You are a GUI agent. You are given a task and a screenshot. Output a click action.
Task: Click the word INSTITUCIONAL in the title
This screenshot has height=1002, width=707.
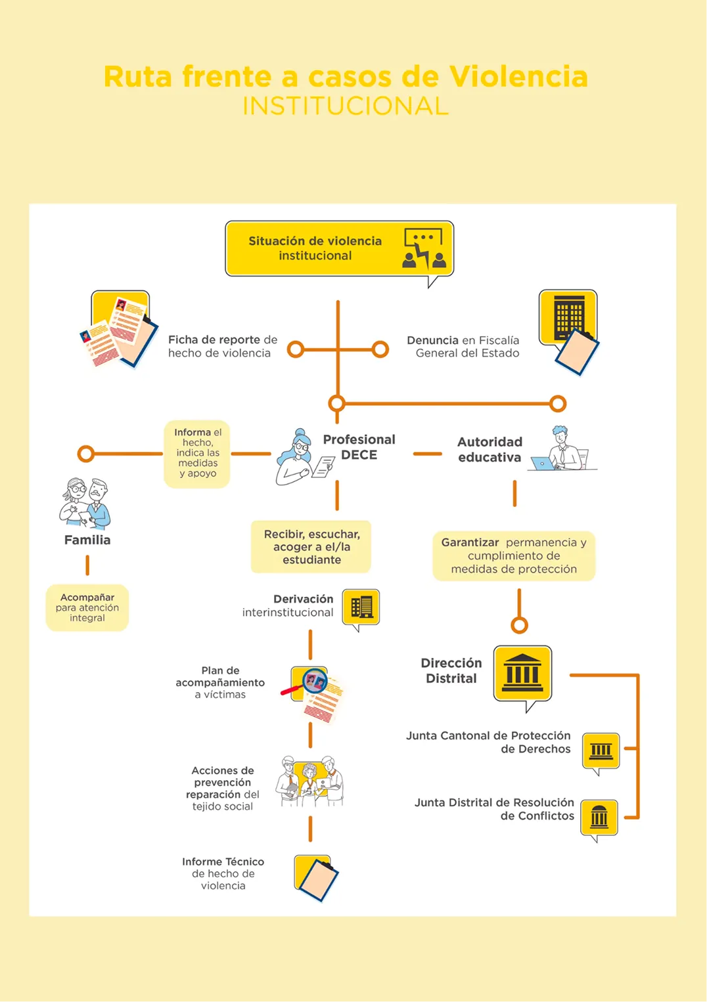tap(345, 106)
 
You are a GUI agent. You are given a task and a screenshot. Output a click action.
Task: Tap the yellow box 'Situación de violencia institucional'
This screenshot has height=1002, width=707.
tap(340, 248)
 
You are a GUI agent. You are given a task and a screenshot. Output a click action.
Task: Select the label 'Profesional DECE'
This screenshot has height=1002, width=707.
tap(359, 447)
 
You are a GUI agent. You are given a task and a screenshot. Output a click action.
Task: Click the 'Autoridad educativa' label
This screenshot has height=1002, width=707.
tap(490, 449)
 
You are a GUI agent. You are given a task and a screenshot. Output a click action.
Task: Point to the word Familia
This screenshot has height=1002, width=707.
tap(87, 540)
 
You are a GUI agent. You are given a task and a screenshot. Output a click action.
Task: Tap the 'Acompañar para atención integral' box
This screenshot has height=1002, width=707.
tap(87, 607)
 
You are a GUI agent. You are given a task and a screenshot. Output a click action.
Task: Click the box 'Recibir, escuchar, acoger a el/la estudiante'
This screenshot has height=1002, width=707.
tap(311, 546)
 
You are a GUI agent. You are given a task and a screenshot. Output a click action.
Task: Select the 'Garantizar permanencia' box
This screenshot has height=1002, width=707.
tap(514, 555)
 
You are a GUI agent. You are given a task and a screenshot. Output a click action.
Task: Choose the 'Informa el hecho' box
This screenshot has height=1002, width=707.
tap(197, 453)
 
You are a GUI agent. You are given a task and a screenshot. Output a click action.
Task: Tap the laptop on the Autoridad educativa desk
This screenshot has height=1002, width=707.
tap(543, 464)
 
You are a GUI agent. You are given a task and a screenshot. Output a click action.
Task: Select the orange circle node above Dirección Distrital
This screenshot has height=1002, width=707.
tap(519, 625)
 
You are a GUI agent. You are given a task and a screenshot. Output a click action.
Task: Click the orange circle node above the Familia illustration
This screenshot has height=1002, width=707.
tap(86, 454)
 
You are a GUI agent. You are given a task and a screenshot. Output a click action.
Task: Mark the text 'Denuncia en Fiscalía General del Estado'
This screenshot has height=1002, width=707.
tap(463, 347)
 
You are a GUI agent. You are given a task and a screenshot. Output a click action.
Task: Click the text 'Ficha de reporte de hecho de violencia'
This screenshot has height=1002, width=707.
tap(223, 346)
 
